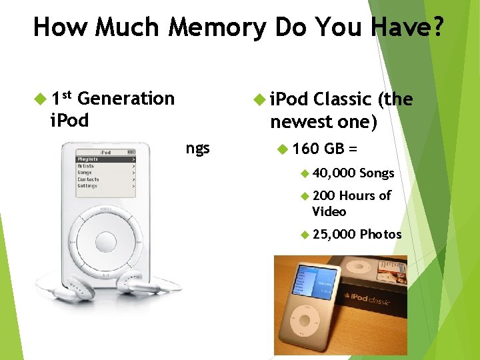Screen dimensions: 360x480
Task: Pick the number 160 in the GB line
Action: [x=306, y=148]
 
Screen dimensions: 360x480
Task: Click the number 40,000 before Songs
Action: [x=334, y=173]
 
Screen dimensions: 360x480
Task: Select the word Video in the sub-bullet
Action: [x=329, y=211]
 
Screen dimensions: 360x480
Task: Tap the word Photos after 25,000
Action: [x=381, y=234]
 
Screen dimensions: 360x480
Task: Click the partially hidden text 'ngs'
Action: [x=197, y=147]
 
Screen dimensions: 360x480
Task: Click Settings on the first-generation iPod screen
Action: [x=88, y=186]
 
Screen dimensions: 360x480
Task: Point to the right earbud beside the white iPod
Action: [x=133, y=283]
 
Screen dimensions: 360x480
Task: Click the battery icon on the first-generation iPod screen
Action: [x=131, y=153]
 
